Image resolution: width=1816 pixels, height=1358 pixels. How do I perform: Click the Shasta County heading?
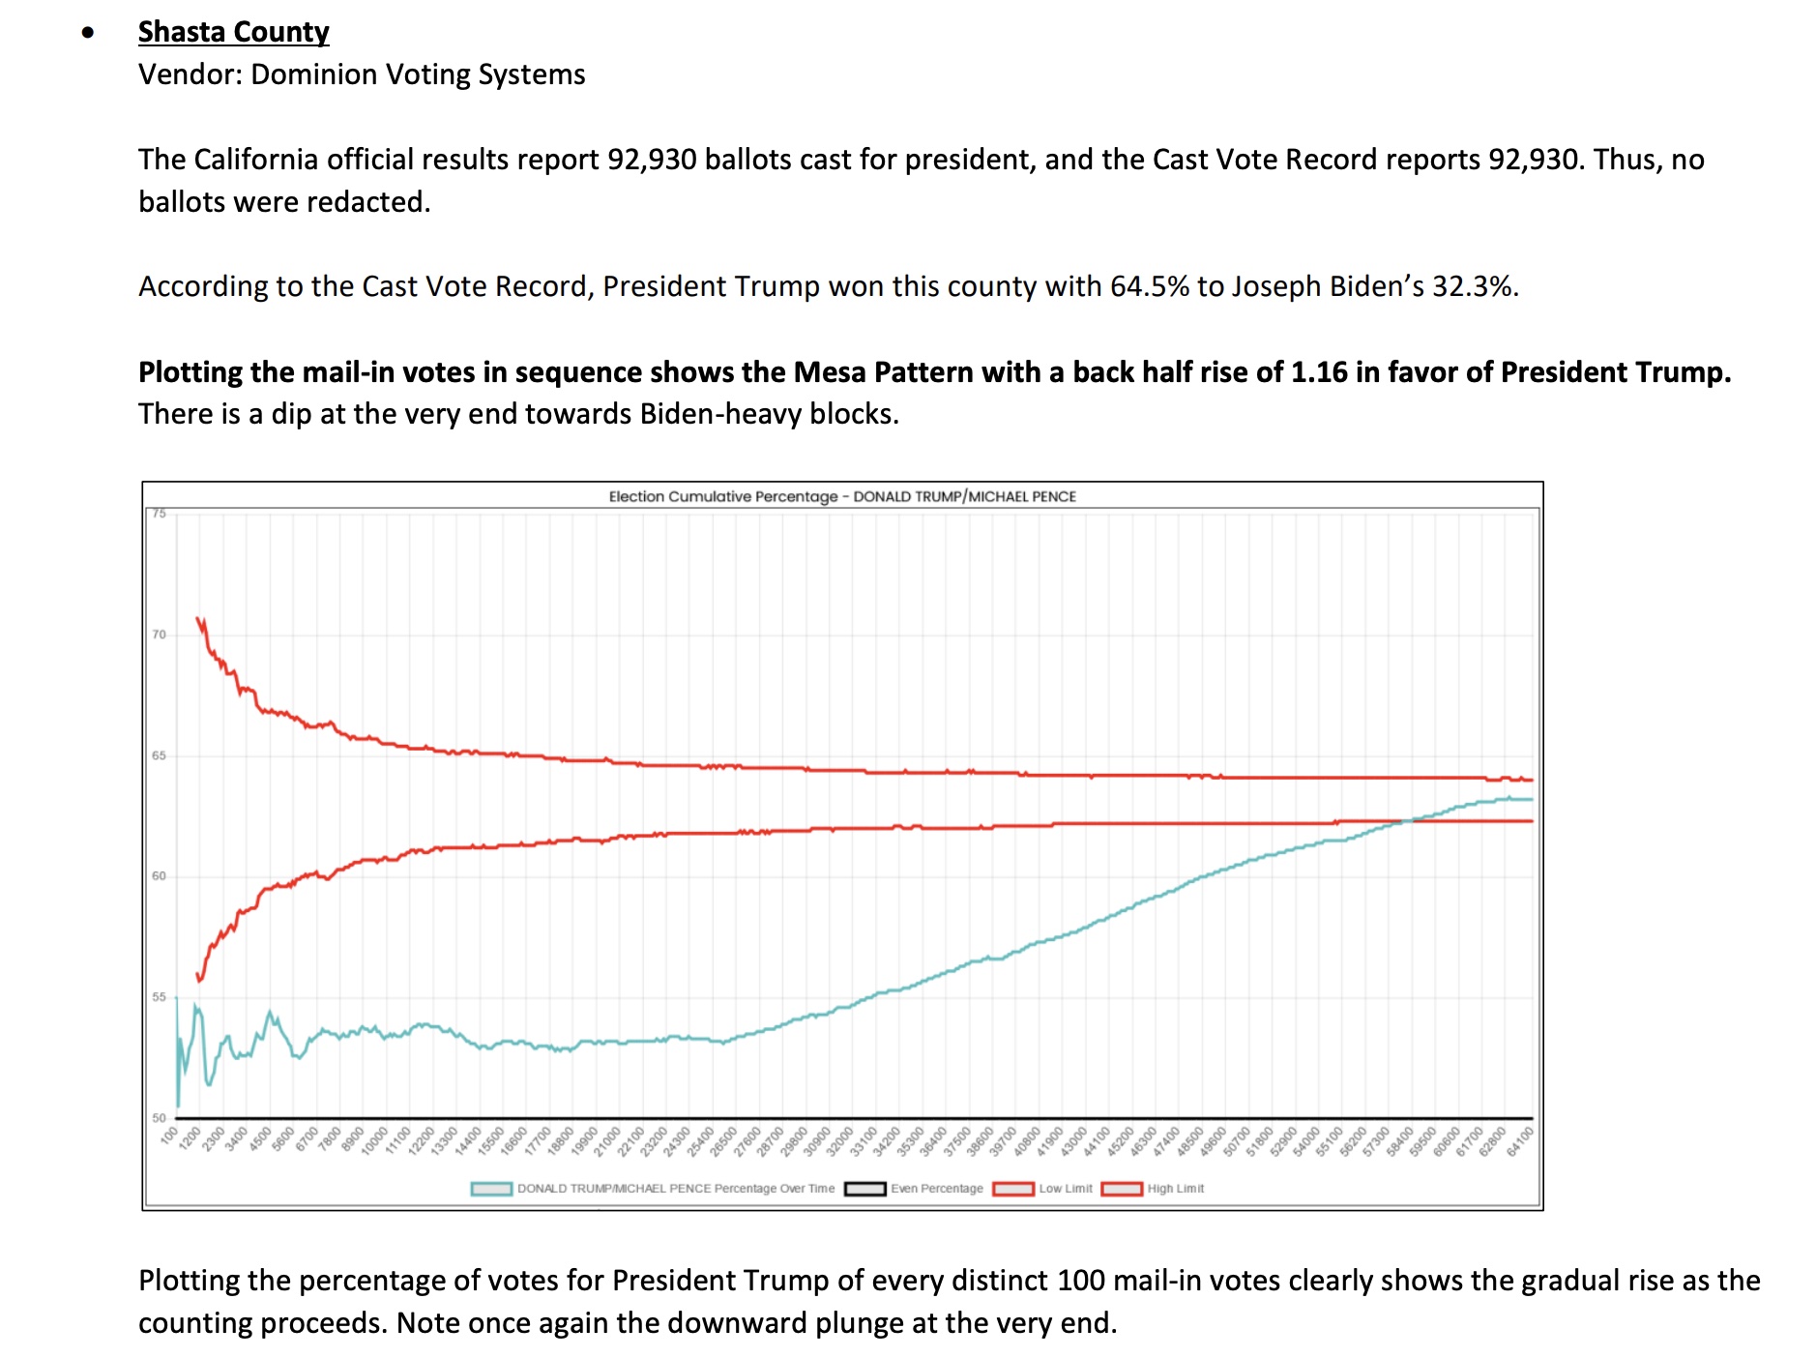(233, 32)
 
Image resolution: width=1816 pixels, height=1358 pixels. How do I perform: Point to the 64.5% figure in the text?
(1149, 286)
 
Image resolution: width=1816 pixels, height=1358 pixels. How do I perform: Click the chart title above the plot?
(841, 496)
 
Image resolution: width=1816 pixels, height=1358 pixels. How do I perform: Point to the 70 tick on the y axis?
(159, 635)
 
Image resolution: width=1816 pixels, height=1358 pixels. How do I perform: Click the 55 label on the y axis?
(159, 997)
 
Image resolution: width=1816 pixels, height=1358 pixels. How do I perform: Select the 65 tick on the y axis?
(159, 755)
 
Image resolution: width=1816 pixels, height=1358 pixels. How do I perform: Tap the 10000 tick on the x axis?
(374, 1141)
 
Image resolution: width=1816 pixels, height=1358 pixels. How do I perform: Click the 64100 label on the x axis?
(1520, 1141)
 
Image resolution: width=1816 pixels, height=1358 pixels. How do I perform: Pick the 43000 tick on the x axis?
(1074, 1141)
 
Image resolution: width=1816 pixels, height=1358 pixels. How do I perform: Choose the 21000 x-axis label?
(607, 1141)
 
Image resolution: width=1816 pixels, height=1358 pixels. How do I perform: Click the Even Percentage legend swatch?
(864, 1189)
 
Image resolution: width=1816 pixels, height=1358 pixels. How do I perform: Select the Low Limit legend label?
(1065, 1189)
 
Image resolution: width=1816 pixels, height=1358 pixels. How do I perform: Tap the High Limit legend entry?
(1175, 1189)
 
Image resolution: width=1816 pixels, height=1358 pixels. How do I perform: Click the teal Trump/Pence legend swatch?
(491, 1189)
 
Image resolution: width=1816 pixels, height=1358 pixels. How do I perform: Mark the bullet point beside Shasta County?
(89, 33)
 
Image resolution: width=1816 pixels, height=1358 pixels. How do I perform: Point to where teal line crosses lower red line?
(1406, 821)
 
